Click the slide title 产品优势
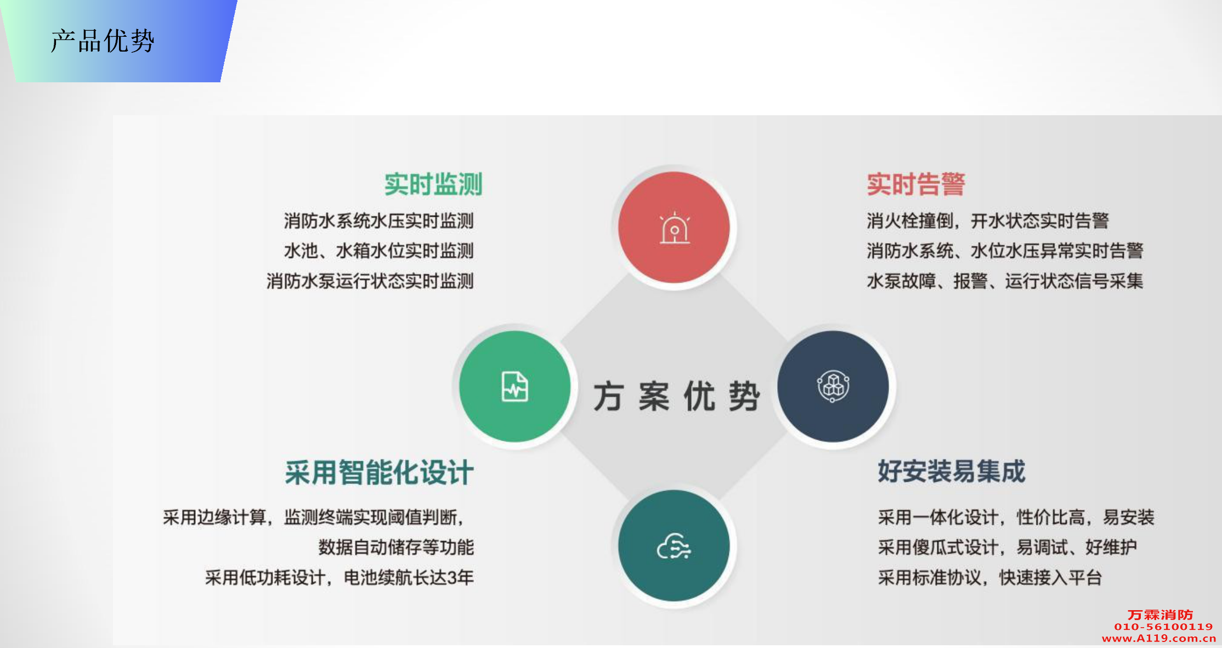click(x=103, y=41)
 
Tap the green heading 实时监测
click(x=433, y=184)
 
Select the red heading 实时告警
click(x=916, y=184)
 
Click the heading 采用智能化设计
click(x=379, y=472)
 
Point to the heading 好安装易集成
click(x=952, y=471)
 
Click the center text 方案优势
click(x=676, y=396)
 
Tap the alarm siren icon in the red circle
click(x=675, y=228)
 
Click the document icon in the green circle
click(x=515, y=386)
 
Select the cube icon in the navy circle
click(x=833, y=386)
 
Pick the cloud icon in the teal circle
click(x=674, y=546)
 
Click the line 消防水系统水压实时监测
click(x=379, y=221)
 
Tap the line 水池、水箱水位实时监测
click(x=379, y=251)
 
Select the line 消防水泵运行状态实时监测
click(x=370, y=281)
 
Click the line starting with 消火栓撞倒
click(x=988, y=221)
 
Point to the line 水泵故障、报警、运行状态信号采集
click(x=1005, y=281)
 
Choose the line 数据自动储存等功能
click(x=396, y=548)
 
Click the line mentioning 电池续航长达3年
click(x=340, y=578)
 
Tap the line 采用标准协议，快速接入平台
click(x=990, y=578)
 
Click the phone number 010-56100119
click(x=1163, y=627)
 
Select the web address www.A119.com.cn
click(x=1159, y=638)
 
